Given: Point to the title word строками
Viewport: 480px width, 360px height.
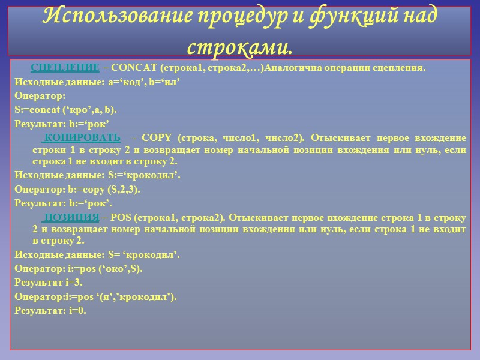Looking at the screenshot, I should click(x=239, y=44).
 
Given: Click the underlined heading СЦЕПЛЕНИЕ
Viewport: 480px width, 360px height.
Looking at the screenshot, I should click(x=65, y=68).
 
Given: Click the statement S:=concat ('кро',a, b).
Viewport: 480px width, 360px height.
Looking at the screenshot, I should click(x=66, y=109).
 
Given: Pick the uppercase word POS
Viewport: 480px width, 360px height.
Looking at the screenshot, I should click(x=121, y=217).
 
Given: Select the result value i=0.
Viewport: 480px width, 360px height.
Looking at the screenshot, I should click(x=76, y=310).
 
